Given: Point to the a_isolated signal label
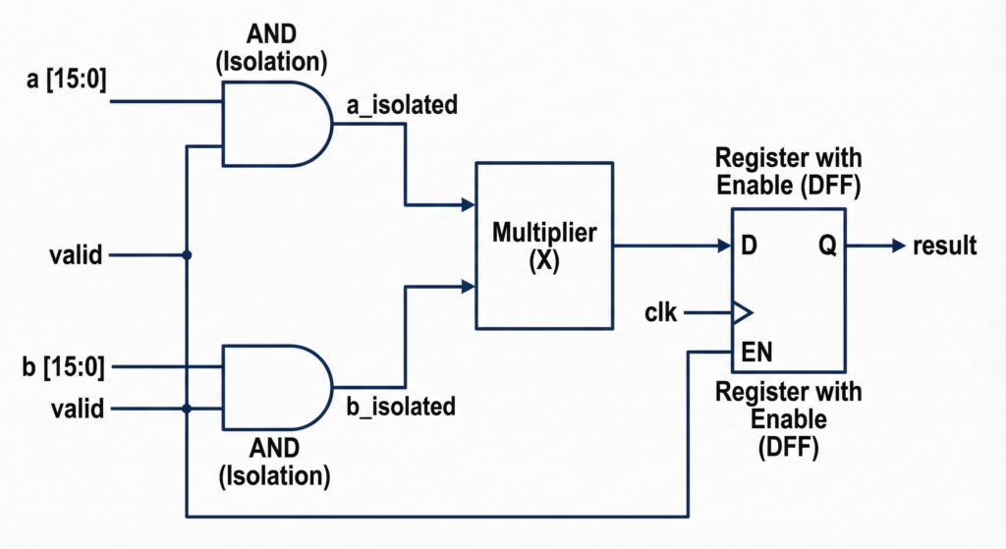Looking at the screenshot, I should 401,104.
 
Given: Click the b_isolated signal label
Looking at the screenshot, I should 401,405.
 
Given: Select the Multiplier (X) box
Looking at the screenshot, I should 544,246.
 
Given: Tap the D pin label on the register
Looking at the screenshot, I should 750,246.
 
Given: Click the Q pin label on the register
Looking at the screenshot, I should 827,246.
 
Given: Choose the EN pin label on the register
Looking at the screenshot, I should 755,351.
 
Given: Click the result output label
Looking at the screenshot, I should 944,246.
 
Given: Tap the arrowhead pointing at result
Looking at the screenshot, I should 898,246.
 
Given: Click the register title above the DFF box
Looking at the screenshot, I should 788,172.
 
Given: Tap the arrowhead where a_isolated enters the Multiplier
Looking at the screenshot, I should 469,205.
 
